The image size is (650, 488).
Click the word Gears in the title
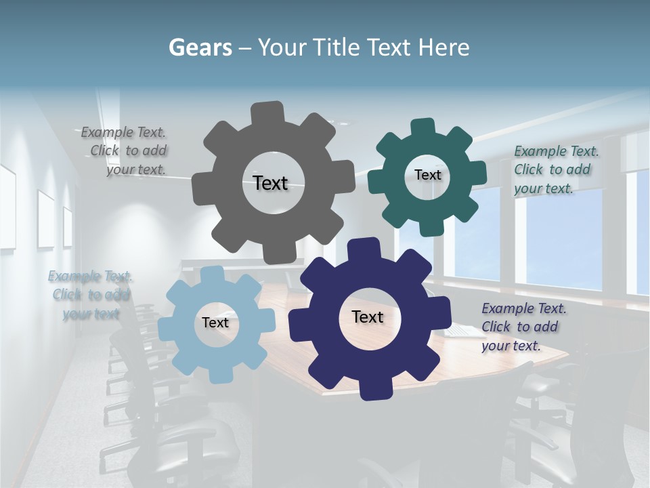(200, 47)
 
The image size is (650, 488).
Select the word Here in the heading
(443, 47)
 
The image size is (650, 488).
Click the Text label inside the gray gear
(270, 183)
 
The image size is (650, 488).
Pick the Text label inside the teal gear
(427, 175)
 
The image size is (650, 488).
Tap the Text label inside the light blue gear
(215, 323)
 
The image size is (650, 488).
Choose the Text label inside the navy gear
(368, 317)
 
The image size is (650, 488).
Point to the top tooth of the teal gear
(422, 127)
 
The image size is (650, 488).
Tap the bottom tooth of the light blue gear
(218, 373)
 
